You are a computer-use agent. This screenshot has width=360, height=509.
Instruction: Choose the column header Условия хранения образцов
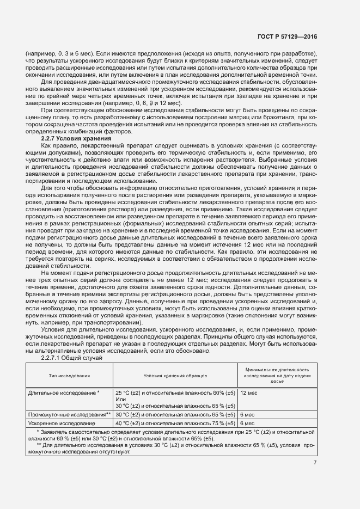pyautogui.click(x=175, y=376)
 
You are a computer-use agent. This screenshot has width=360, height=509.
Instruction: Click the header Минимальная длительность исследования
pyautogui.click(x=277, y=375)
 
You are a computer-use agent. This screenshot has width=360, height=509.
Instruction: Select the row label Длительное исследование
pyautogui.click(x=63, y=392)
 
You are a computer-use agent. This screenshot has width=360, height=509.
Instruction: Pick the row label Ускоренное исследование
pyautogui.click(x=61, y=423)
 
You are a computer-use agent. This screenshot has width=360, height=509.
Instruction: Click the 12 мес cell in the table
pyautogui.click(x=248, y=392)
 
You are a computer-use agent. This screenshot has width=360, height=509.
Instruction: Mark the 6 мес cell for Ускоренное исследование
pyautogui.click(x=247, y=423)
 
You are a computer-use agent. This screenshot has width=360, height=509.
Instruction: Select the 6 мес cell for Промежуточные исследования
pyautogui.click(x=247, y=415)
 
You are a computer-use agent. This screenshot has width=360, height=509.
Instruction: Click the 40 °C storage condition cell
pyautogui.click(x=175, y=423)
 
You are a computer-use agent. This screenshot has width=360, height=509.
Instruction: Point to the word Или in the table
pyautogui.click(x=120, y=399)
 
